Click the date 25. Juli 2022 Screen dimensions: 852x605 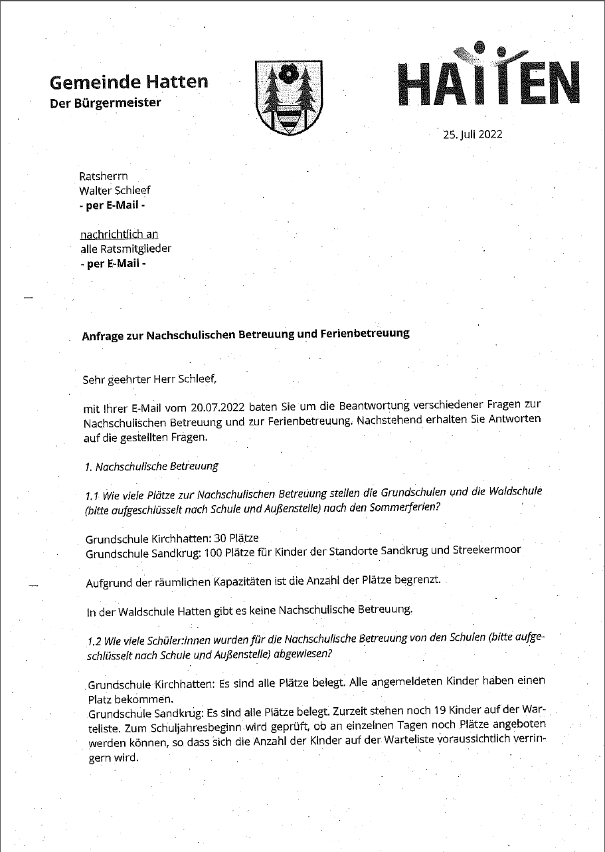pyautogui.click(x=473, y=134)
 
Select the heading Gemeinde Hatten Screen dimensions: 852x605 pyautogui.click(x=129, y=82)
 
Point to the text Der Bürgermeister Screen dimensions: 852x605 pyautogui.click(x=106, y=103)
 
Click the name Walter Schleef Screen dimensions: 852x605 pyautogui.click(x=115, y=191)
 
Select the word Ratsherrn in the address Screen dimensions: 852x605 pyautogui.click(x=103, y=177)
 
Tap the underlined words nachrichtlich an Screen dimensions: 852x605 pyautogui.click(x=119, y=235)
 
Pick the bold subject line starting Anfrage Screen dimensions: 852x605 pyautogui.click(x=245, y=334)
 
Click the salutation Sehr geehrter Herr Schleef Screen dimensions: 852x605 pyautogui.click(x=149, y=379)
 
